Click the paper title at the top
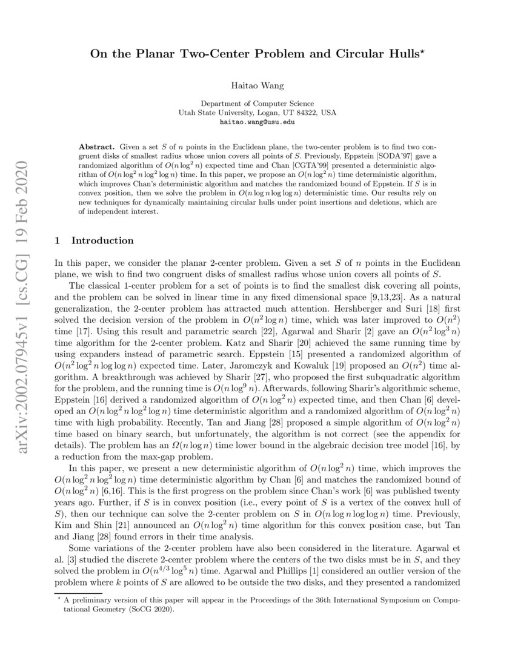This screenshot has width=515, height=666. (x=256, y=54)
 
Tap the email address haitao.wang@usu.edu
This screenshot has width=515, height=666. (x=256, y=122)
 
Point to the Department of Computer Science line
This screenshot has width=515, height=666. (x=256, y=104)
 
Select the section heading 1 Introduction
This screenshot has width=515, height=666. (x=95, y=241)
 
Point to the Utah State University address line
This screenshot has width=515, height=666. (x=256, y=113)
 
